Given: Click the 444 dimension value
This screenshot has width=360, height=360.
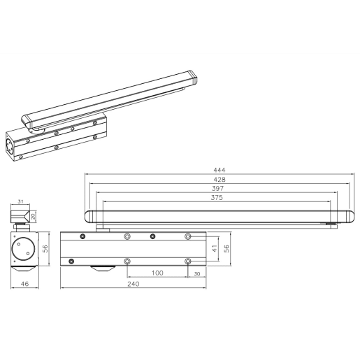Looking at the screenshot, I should [219, 169].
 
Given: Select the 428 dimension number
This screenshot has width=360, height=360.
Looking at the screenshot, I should [219, 179].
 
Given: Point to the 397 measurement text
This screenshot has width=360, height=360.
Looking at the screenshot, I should [219, 189].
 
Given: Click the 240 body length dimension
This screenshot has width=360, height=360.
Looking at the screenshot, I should [134, 284].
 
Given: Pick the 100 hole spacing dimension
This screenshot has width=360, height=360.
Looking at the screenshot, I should [157, 273].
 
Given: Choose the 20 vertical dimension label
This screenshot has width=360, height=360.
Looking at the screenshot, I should [33, 215].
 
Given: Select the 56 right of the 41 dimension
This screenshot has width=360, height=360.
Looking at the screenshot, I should [226, 247].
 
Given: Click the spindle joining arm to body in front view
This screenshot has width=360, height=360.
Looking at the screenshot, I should [100, 226].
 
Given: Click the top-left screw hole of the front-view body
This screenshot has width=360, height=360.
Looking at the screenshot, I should [83, 237].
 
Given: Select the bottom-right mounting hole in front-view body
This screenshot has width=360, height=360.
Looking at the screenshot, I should [187, 261].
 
